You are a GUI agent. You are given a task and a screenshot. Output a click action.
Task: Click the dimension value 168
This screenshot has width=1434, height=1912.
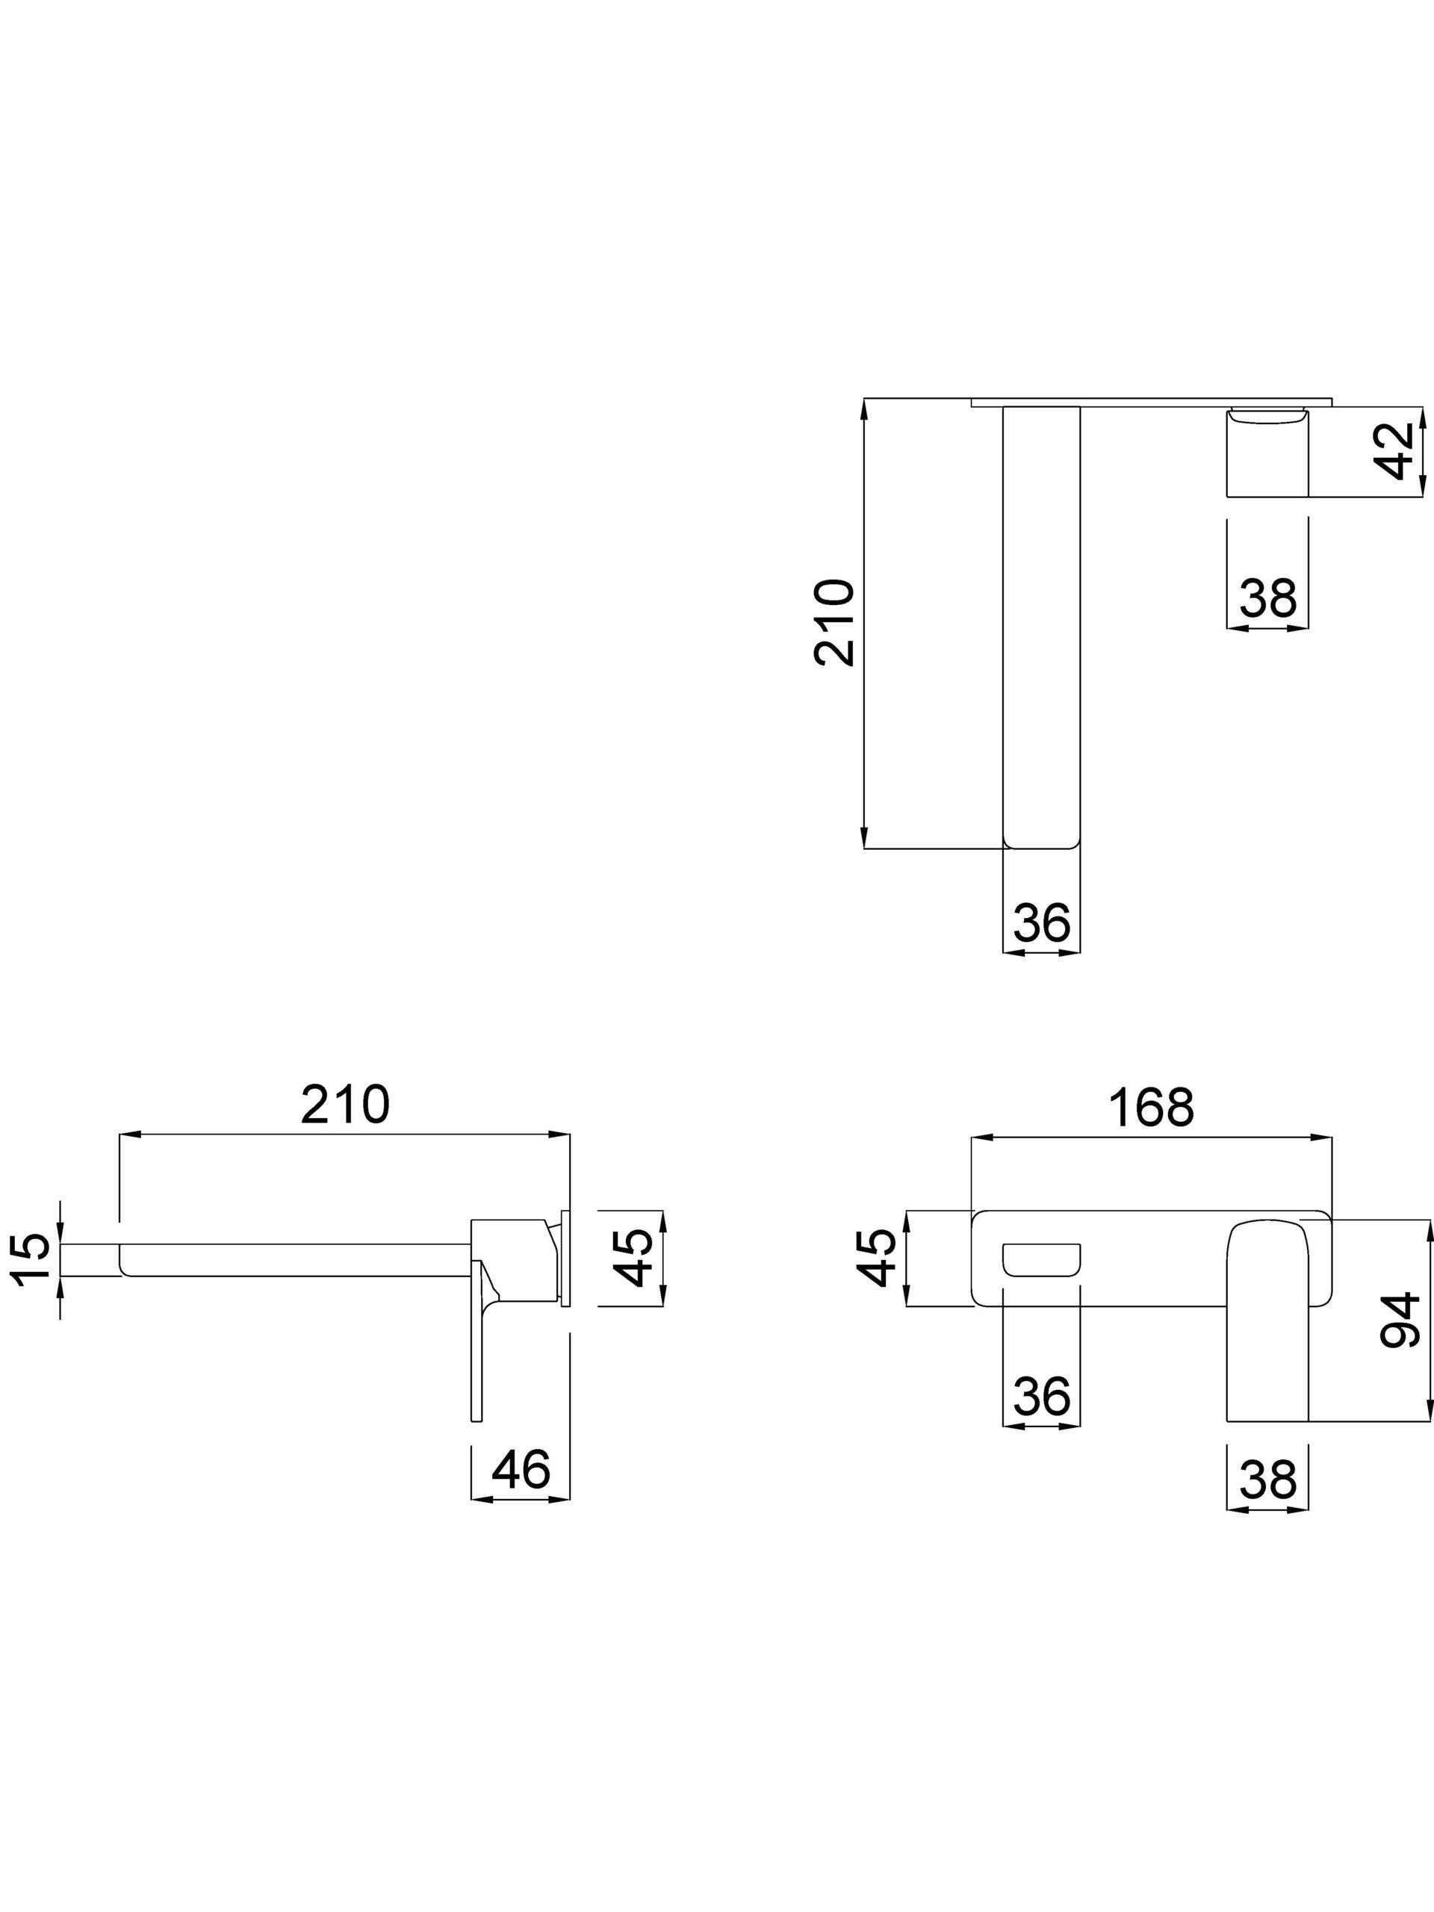click(x=1152, y=1108)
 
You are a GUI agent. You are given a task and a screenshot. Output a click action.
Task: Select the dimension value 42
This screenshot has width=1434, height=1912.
click(x=1397, y=451)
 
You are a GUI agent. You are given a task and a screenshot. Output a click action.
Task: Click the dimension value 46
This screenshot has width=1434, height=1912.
click(x=521, y=1468)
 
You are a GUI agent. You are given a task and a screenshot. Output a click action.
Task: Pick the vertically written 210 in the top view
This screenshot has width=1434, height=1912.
click(x=834, y=622)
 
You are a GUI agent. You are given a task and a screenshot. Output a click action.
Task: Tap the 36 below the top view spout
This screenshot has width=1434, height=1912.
click(x=1042, y=922)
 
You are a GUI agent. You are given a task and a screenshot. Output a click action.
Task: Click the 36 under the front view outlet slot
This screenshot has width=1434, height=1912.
click(x=1042, y=1396)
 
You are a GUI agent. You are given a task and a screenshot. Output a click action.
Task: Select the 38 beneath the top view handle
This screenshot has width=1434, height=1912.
click(x=1268, y=597)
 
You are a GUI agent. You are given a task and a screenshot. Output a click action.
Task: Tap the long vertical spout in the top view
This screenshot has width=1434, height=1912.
click(x=1042, y=622)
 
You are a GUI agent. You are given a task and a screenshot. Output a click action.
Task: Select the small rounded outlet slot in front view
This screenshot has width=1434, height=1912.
click(x=1042, y=1258)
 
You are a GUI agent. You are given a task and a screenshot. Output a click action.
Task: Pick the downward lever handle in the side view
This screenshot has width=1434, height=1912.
click(x=477, y=1348)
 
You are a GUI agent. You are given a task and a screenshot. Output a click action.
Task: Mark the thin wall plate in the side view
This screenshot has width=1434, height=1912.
click(x=566, y=1258)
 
